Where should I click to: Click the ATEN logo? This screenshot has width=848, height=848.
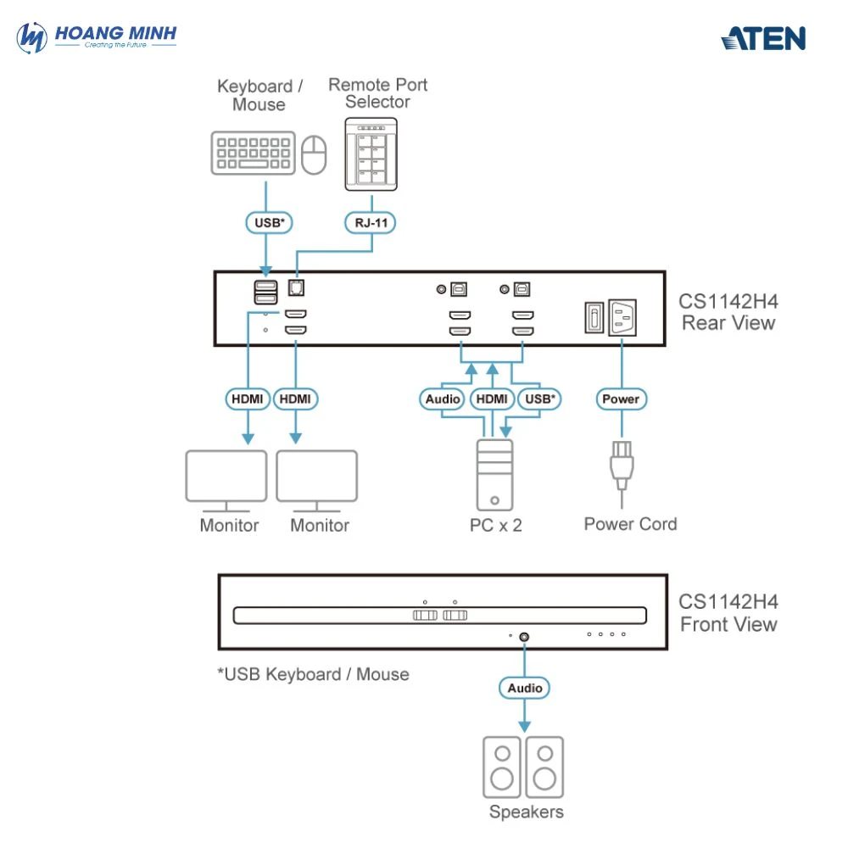763,38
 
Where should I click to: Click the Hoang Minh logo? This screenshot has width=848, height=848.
97,37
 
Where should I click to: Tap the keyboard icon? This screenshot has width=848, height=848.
253,153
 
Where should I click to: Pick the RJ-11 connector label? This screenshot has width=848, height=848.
371,223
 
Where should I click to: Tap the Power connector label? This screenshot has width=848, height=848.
621,399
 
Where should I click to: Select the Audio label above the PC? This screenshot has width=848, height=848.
443,399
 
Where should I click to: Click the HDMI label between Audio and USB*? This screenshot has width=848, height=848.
491,399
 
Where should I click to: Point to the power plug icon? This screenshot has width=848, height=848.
621,464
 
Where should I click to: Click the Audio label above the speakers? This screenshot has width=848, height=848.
524,688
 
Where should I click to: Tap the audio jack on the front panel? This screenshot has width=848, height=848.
524,636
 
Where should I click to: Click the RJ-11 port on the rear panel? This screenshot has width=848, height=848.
297,288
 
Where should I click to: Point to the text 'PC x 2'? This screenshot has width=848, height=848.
496,526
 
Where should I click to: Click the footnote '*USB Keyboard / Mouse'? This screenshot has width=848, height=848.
314,675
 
